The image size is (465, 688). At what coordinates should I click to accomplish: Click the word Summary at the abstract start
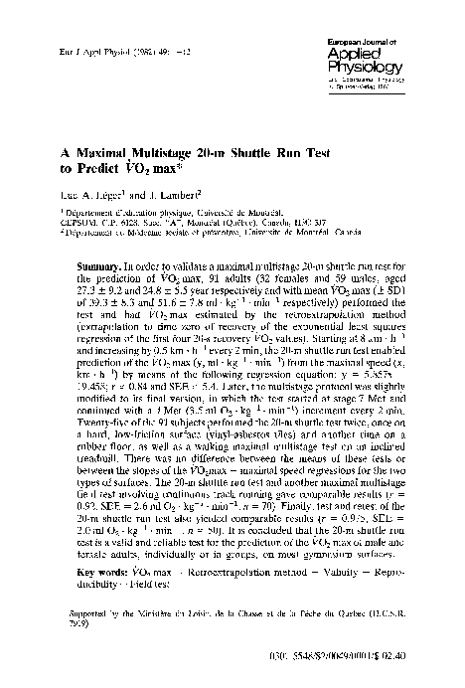tap(96, 268)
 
